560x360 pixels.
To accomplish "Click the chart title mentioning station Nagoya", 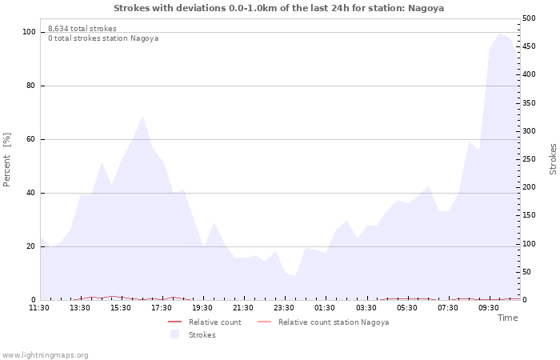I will point(278,8).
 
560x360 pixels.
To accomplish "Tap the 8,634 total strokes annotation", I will point(82,29).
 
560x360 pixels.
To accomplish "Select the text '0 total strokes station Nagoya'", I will point(103,38).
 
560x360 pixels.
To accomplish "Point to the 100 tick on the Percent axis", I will point(29,32).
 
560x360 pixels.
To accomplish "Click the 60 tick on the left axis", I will point(30,139).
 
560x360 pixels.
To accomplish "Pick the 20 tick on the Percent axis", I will point(30,246).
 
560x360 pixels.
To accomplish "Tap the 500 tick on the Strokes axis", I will point(530,18).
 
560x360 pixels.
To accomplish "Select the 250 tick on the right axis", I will point(530,159).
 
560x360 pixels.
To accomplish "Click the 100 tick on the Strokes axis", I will point(530,244).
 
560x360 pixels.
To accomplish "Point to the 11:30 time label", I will point(39,308).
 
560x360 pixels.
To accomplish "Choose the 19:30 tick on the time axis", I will point(203,308).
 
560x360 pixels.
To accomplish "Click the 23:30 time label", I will point(285,308).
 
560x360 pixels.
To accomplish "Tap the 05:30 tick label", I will point(407,308).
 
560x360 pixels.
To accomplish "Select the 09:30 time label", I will point(490,308).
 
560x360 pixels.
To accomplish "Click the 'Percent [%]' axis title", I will point(7,159).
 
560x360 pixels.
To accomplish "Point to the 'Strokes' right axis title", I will point(553,159).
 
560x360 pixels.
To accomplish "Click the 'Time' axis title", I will point(507,318).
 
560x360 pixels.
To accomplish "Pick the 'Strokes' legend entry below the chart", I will point(202,335).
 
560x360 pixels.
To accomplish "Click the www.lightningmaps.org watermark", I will point(45,354).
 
